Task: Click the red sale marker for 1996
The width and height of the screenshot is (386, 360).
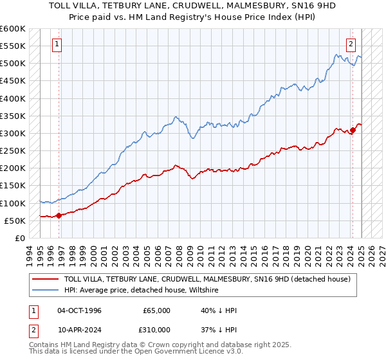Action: (59, 215)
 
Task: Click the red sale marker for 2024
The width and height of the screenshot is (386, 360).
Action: (353, 130)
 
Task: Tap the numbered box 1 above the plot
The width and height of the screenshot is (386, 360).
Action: (57, 44)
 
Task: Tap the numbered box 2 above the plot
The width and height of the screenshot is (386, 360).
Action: (351, 44)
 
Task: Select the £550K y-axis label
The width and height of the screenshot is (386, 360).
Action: (14, 46)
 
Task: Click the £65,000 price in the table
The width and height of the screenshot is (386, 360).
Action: (157, 310)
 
